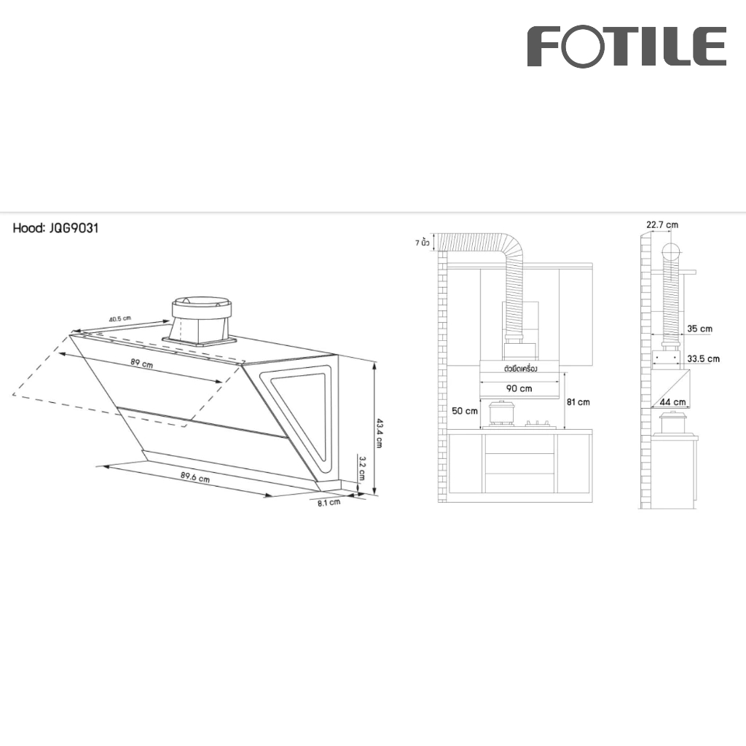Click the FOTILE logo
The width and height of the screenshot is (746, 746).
point(627,46)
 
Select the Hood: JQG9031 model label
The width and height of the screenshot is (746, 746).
point(55,228)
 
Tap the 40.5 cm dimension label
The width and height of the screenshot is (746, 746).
point(120,319)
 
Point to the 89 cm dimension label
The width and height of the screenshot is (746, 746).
point(142,364)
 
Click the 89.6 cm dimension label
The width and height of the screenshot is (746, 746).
point(195,476)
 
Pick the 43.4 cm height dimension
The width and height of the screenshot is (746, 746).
point(379,433)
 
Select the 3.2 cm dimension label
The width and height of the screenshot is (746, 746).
point(362,468)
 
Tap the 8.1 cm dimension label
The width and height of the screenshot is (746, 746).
point(329,503)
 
